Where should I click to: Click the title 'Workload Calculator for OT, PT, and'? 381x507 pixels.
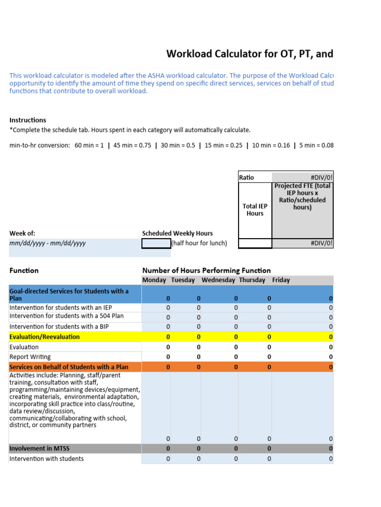point(250,54)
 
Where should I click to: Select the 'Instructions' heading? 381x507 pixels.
point(28,120)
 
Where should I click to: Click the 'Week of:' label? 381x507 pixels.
point(22,233)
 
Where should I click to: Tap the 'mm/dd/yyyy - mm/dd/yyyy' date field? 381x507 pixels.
point(48,243)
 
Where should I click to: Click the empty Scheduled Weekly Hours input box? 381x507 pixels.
point(156,243)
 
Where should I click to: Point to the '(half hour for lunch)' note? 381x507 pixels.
point(199,243)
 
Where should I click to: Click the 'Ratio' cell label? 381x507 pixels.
point(247,177)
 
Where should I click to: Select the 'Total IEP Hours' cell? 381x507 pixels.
point(255,210)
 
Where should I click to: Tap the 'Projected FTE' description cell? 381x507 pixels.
point(303,197)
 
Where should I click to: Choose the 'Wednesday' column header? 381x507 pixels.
point(218,280)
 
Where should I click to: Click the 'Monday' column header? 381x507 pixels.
point(154,280)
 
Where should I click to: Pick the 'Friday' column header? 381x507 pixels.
point(281,280)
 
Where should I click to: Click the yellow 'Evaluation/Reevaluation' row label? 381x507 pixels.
point(44,337)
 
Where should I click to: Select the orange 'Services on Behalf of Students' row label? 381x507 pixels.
point(68,367)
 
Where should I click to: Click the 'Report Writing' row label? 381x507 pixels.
point(30,356)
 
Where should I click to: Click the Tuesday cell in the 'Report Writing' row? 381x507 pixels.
point(198,356)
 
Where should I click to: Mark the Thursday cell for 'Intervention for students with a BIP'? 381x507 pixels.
point(269,326)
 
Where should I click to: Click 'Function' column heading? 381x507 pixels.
point(24,270)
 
